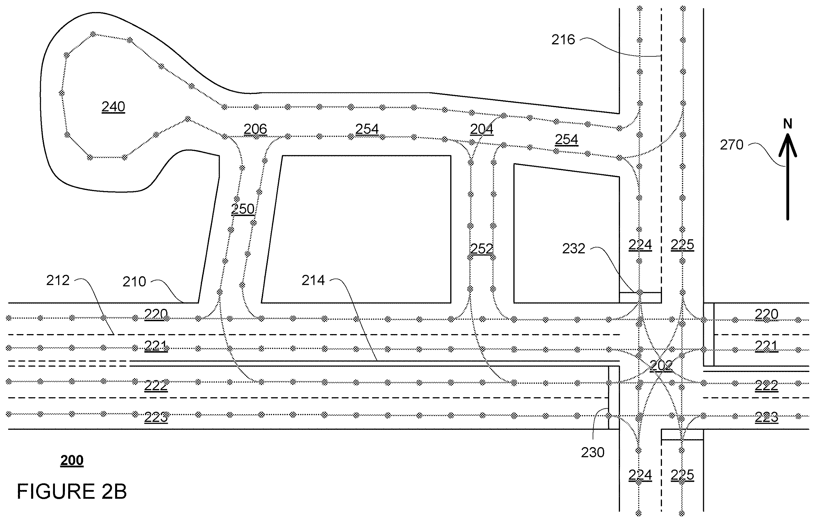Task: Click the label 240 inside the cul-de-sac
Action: point(113,107)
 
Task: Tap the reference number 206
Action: point(255,129)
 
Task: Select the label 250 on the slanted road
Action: point(243,209)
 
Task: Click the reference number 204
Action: point(482,129)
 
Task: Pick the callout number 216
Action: point(563,40)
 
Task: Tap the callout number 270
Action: point(732,145)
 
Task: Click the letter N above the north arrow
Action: point(787,124)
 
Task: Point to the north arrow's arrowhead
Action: point(787,144)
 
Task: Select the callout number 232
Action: point(574,249)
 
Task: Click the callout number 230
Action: point(593,452)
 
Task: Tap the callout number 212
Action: point(58,280)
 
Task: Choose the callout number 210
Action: point(134,282)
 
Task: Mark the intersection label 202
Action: point(661,366)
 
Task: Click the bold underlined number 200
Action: point(72,461)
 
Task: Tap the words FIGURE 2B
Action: point(72,491)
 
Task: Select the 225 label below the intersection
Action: point(682,475)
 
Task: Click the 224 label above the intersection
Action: point(640,245)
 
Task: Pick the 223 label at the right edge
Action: point(767,417)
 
